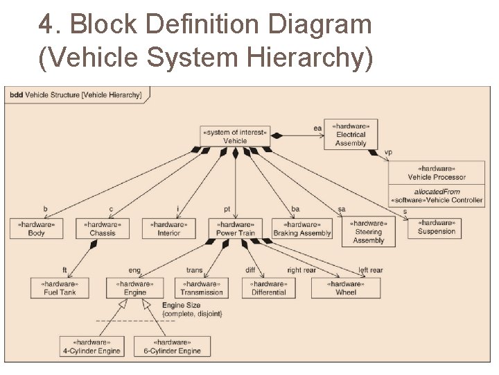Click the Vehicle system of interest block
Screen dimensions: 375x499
[x=235, y=136]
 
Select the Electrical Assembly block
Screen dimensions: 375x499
[x=351, y=135]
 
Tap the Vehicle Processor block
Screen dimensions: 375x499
[x=436, y=173]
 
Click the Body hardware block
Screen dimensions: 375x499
[x=36, y=228]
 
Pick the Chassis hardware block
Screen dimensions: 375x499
[x=102, y=228]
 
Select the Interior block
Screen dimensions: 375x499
[x=168, y=228]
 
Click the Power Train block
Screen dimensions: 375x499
[x=236, y=228]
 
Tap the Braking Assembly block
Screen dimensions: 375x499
[x=301, y=228]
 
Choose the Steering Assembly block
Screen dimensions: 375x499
[x=368, y=232]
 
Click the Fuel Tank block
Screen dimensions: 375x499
[x=59, y=288]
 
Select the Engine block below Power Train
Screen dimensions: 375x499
[x=134, y=288]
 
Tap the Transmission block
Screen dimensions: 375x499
[x=201, y=288]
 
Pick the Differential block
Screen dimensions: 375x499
[x=268, y=288]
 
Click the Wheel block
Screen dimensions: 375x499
[x=345, y=288]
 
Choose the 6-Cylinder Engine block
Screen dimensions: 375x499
[x=172, y=347]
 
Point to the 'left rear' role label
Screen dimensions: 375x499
[x=371, y=270]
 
